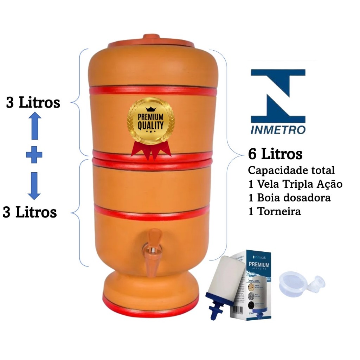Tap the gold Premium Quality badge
tap(150, 121)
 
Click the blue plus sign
tap(34, 155)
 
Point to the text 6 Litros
tap(275, 154)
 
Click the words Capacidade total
tap(291, 171)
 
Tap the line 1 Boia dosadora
tap(289, 198)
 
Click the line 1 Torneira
tap(275, 212)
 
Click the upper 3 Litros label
tap(33, 103)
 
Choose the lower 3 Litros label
tap(30, 212)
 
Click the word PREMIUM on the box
tap(259, 265)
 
